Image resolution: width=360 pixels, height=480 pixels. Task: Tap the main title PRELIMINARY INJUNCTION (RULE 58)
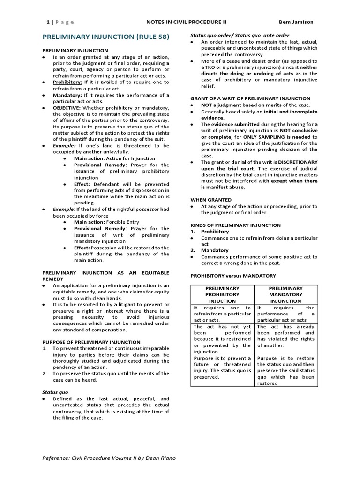(106, 37)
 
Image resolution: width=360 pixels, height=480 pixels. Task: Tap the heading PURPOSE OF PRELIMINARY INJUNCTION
(91, 342)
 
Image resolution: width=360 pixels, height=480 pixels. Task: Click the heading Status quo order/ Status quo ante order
(240, 35)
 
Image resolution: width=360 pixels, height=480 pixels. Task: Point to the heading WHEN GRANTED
(210, 200)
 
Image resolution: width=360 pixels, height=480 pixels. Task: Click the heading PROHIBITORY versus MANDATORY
(233, 276)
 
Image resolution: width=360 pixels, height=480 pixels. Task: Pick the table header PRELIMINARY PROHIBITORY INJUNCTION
(222, 294)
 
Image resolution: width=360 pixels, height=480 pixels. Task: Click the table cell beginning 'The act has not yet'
(222, 339)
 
